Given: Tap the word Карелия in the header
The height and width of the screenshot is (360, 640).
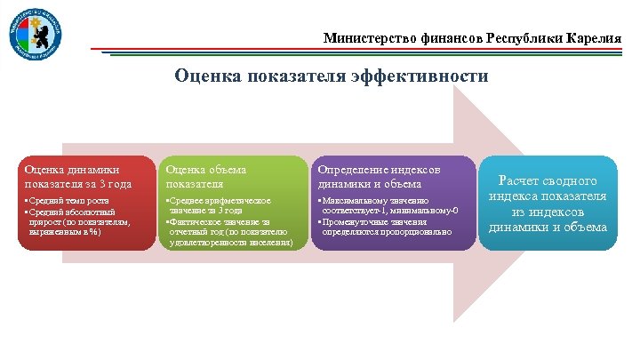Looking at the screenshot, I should click(595, 39).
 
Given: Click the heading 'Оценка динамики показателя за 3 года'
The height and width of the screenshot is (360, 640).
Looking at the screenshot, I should click(78, 176).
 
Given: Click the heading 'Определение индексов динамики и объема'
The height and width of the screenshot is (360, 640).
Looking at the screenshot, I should click(370, 176).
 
